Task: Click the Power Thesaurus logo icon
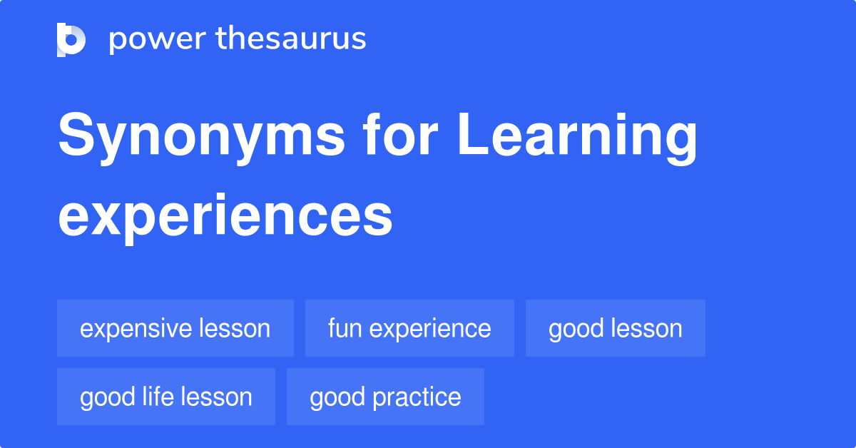(x=71, y=39)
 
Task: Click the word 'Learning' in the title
(x=576, y=137)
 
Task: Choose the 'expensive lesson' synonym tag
(x=175, y=328)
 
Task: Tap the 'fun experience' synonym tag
(x=409, y=328)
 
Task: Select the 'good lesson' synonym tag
(x=616, y=328)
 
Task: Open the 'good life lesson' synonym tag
(x=166, y=397)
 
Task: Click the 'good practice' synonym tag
(x=385, y=397)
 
